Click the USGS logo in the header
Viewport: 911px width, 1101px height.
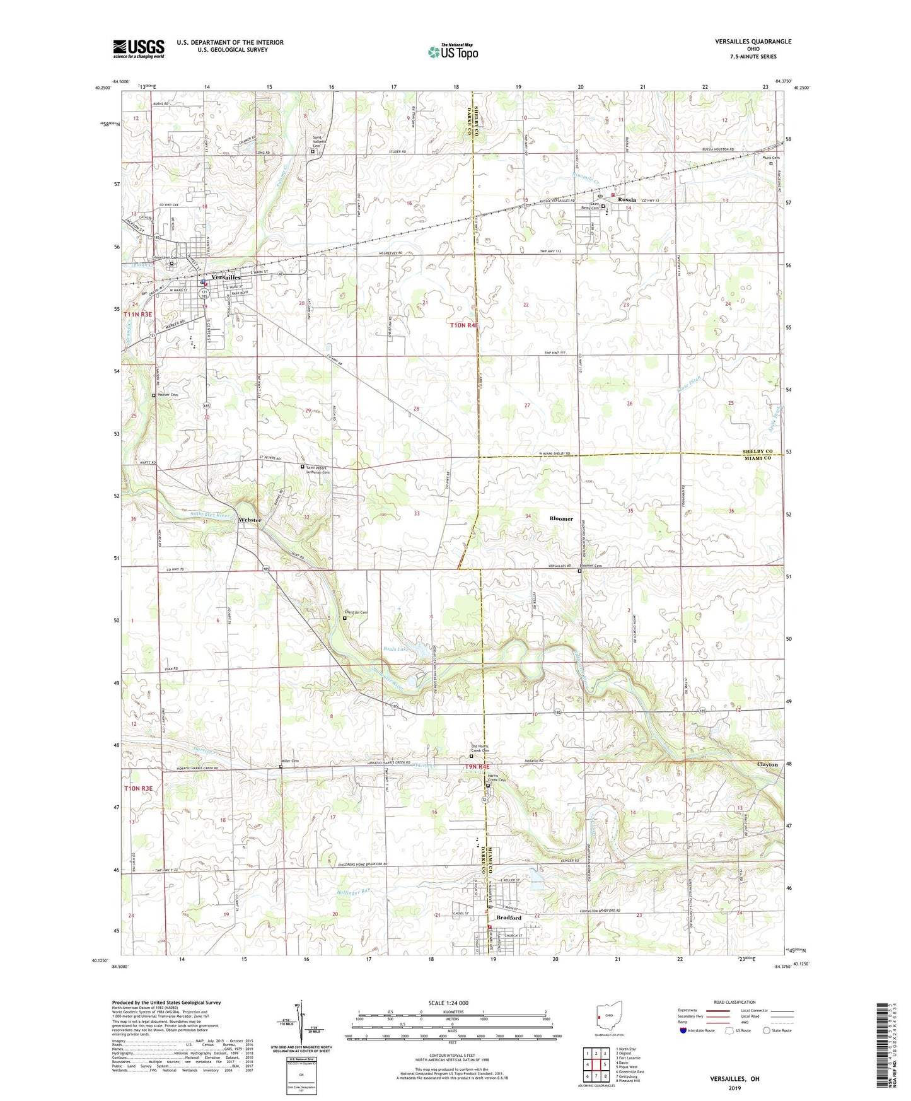click(x=139, y=48)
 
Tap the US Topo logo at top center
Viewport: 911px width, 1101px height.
click(x=453, y=52)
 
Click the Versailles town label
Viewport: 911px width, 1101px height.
click(x=226, y=277)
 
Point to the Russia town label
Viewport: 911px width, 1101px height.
click(x=627, y=199)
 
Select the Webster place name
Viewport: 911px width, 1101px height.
click(x=250, y=520)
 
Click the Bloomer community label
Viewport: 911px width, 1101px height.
click(x=561, y=519)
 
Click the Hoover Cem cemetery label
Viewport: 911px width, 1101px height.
click(x=166, y=395)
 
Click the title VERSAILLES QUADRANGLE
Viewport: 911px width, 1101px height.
click(x=753, y=42)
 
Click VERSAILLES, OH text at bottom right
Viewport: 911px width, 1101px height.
click(x=735, y=1079)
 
